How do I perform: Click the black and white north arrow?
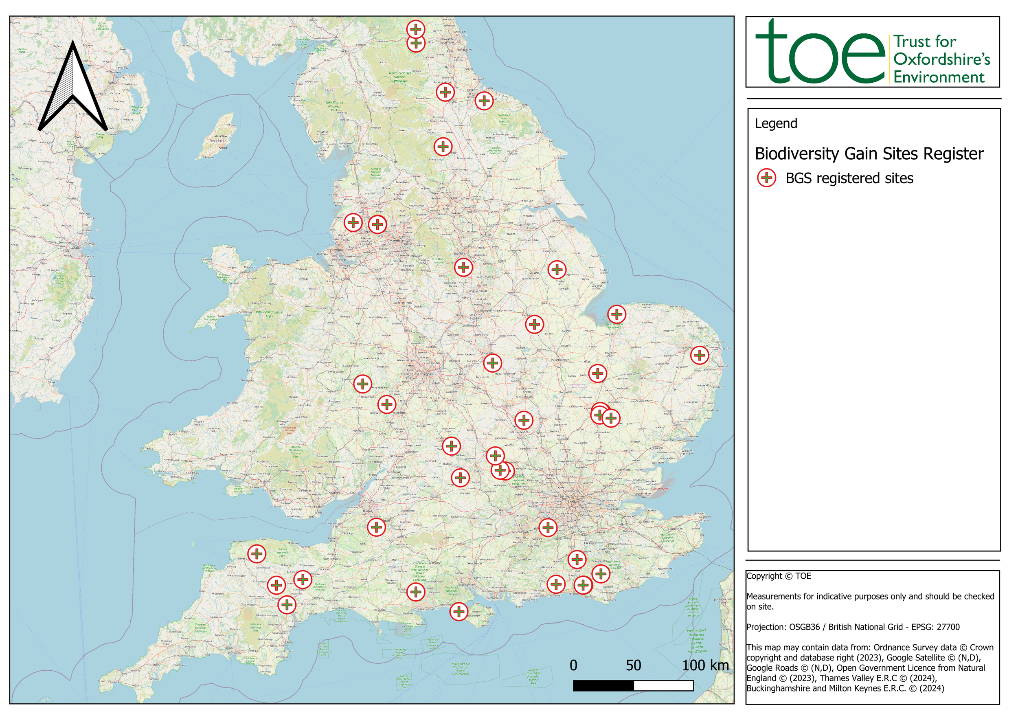click(73, 89)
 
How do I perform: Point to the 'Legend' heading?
click(776, 123)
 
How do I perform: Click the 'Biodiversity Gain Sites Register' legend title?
click(869, 154)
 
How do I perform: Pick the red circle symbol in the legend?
click(767, 178)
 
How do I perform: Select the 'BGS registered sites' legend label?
click(849, 178)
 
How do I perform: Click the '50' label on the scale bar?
click(634, 665)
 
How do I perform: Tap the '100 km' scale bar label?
click(705, 665)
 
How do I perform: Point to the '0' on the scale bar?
click(573, 665)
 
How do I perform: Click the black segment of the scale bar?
click(603, 686)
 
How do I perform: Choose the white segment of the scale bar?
click(664, 686)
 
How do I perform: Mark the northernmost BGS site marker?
click(416, 29)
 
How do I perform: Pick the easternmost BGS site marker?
click(700, 355)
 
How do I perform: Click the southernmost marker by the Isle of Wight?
click(459, 612)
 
